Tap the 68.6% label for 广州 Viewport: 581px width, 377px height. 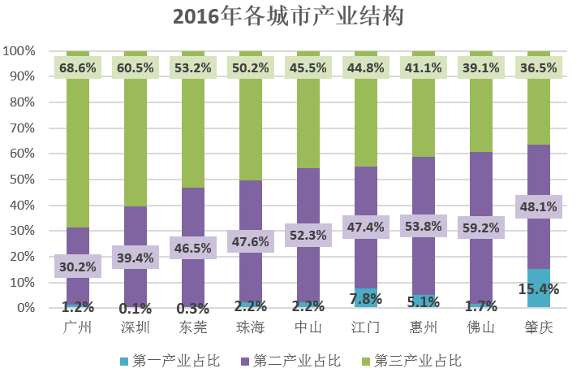78,67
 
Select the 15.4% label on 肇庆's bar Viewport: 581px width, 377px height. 538,288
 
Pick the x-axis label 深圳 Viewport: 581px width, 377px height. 136,327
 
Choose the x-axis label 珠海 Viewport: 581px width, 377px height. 251,327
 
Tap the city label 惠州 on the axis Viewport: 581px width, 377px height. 423,327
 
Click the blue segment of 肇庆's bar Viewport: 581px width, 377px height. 538,297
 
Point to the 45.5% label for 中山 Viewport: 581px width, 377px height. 308,67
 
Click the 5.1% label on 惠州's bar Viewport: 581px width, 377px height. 423,303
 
